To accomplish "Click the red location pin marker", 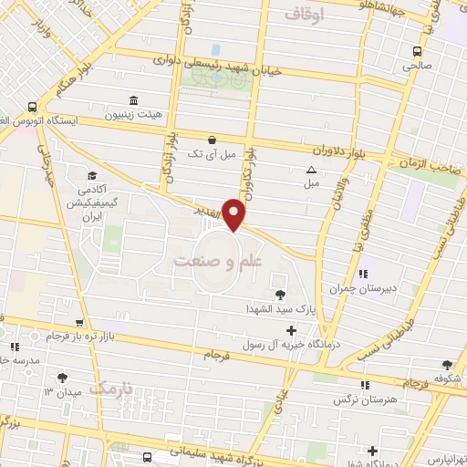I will pyautogui.click(x=235, y=215).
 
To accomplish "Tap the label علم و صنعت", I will pyautogui.click(x=217, y=261).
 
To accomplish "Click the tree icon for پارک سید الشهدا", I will pyautogui.click(x=279, y=295).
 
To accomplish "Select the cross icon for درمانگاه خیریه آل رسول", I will pyautogui.click(x=291, y=330).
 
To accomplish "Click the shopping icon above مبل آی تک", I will pyautogui.click(x=212, y=140).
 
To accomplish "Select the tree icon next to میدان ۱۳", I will pyautogui.click(x=62, y=378).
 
